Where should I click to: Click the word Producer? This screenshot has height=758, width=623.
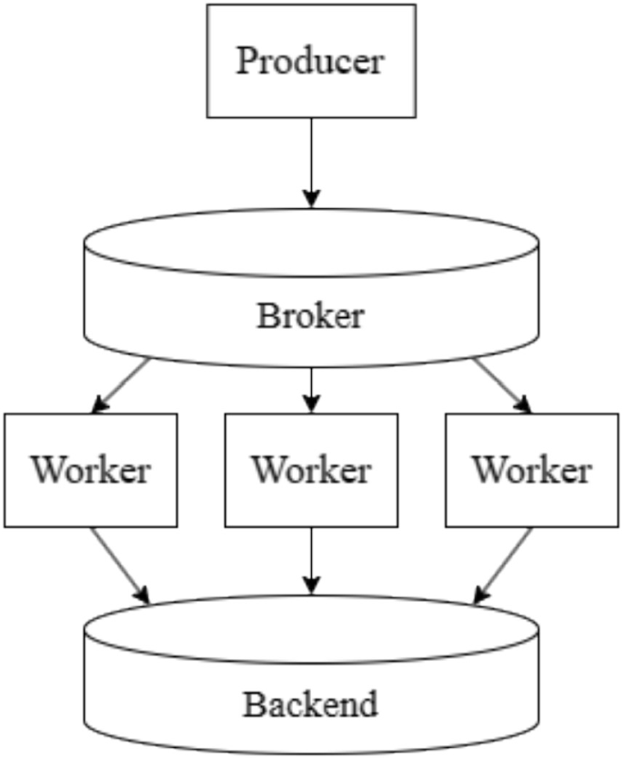click(x=310, y=62)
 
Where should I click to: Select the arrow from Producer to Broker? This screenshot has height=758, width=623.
click(x=311, y=159)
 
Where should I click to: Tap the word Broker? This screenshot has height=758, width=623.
click(x=310, y=317)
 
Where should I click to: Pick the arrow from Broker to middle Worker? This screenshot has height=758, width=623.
click(x=311, y=386)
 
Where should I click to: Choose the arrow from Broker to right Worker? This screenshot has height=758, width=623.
click(x=501, y=385)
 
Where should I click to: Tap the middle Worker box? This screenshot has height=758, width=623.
click(x=311, y=495)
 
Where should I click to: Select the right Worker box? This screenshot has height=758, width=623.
click(x=532, y=495)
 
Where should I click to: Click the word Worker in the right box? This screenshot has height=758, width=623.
click(x=532, y=471)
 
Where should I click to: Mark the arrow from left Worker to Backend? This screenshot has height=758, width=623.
click(x=119, y=564)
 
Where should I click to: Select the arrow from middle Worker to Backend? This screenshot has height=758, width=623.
click(x=311, y=559)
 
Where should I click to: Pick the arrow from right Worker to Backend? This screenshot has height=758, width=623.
click(x=503, y=564)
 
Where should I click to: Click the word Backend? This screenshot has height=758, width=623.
click(x=310, y=704)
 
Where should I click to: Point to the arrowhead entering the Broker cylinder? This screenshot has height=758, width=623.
click(x=311, y=197)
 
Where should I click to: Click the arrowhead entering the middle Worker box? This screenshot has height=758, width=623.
click(x=311, y=403)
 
